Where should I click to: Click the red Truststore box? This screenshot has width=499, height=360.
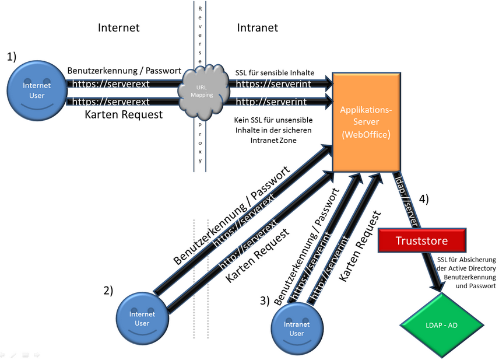pyautogui.click(x=422, y=240)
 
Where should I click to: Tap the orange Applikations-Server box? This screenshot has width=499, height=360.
pyautogui.click(x=366, y=123)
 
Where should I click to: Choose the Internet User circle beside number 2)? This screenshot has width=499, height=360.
pyautogui.click(x=142, y=319)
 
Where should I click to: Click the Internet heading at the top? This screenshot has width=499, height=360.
pyautogui.click(x=119, y=27)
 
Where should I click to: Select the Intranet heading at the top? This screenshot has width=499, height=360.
pyautogui.click(x=257, y=27)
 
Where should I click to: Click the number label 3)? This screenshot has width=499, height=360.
pyautogui.click(x=265, y=301)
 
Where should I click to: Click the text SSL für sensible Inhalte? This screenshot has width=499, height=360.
pyautogui.click(x=275, y=72)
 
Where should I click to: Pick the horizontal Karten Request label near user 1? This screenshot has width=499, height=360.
pyautogui.click(x=124, y=114)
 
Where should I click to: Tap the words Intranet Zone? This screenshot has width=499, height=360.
pyautogui.click(x=272, y=141)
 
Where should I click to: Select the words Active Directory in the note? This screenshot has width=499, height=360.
pyautogui.click(x=472, y=268)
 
